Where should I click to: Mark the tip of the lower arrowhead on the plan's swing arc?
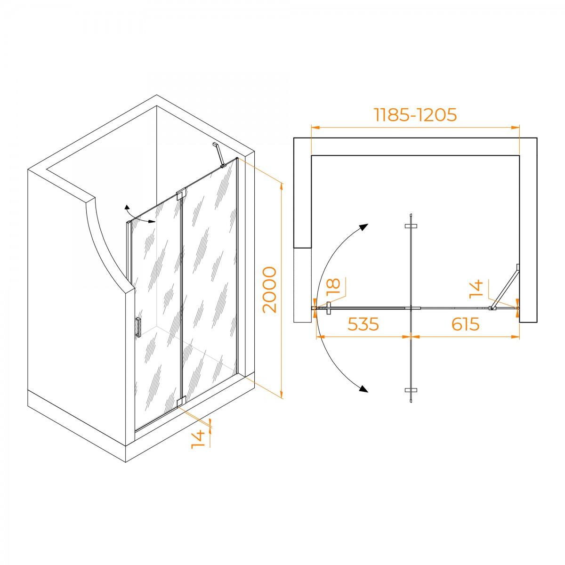tap(368, 391)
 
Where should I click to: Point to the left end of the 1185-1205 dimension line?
tap(311, 128)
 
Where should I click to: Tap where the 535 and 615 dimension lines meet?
tap(411, 337)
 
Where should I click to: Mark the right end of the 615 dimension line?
tap(519, 337)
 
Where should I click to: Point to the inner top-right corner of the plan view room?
tap(519, 155)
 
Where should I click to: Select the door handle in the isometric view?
tap(138, 327)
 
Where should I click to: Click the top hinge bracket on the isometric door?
tap(181, 194)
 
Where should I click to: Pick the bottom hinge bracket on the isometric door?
tap(181, 402)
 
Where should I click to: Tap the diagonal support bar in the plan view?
tap(505, 288)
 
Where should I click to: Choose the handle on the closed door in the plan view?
tap(329, 308)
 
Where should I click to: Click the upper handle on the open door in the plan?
tap(411, 226)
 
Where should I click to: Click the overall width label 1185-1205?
tap(415, 114)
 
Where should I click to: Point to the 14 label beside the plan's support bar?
tap(476, 290)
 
